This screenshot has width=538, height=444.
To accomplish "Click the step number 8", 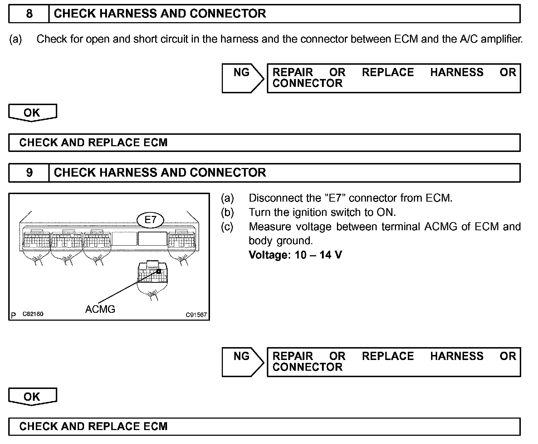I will pyautogui.click(x=29, y=14).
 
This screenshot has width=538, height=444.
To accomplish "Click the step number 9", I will pyautogui.click(x=29, y=172).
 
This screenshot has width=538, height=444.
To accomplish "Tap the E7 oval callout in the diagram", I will pyautogui.click(x=150, y=219).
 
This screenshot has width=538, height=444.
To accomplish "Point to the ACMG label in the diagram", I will pyautogui.click(x=100, y=309).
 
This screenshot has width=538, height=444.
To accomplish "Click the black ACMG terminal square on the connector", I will pyautogui.click(x=158, y=272).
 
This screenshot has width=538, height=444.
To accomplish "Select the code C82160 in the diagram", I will pyautogui.click(x=33, y=314).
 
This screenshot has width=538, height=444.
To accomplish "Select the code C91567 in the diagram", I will pyautogui.click(x=196, y=315).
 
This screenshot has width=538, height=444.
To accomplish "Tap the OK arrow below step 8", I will pyautogui.click(x=32, y=113).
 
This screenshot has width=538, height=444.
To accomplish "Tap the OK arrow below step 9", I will pyautogui.click(x=32, y=396).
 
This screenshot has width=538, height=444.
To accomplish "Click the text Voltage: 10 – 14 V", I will pyautogui.click(x=295, y=255).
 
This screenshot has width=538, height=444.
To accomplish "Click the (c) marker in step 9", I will pyautogui.click(x=227, y=227).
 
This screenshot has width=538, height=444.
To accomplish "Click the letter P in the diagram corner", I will pyautogui.click(x=14, y=315).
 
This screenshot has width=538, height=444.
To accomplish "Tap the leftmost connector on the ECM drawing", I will pyautogui.click(x=36, y=242).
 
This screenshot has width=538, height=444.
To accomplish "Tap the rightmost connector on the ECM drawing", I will pyautogui.click(x=181, y=242).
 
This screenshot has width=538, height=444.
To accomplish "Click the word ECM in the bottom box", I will pyautogui.click(x=155, y=426).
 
